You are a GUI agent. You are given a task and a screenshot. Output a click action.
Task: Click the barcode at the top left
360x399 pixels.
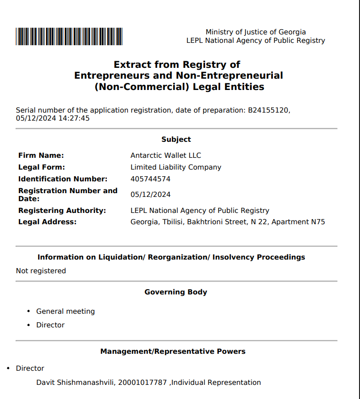[x=69, y=36]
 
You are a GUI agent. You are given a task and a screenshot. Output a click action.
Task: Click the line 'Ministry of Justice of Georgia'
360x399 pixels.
[x=256, y=32]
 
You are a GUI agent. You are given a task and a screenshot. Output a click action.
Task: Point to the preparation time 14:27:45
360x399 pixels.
[x=74, y=118]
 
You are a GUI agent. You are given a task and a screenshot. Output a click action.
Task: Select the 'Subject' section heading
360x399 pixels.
[x=176, y=139]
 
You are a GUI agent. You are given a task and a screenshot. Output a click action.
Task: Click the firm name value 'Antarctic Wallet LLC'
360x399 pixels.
[x=166, y=155]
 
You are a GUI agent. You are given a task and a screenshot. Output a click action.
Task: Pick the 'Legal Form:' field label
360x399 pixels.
[x=41, y=167]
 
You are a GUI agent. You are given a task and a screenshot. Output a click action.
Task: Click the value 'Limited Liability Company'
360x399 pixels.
[x=176, y=167]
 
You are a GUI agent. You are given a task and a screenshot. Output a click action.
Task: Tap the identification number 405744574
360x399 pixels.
[x=150, y=179]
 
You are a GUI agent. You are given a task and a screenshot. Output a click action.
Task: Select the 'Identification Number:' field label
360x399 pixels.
[x=63, y=179]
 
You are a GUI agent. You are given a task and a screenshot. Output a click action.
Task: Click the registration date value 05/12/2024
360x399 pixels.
[x=150, y=195]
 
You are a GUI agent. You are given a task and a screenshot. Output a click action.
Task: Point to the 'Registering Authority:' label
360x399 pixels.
[x=62, y=211]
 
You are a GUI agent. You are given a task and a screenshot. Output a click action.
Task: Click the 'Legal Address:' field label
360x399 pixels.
[x=47, y=222]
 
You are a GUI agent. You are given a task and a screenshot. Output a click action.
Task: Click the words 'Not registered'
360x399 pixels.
[x=41, y=271]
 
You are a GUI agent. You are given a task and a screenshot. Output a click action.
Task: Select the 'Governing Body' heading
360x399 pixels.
[x=176, y=292]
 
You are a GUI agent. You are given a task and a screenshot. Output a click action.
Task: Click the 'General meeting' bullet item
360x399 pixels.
[x=65, y=311]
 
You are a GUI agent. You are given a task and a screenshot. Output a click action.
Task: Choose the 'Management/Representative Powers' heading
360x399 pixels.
[x=173, y=351]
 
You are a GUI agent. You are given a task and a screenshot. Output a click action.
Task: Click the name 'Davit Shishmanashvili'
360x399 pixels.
[x=75, y=383]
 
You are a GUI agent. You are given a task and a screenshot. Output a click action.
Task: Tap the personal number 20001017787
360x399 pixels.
[x=143, y=383]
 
